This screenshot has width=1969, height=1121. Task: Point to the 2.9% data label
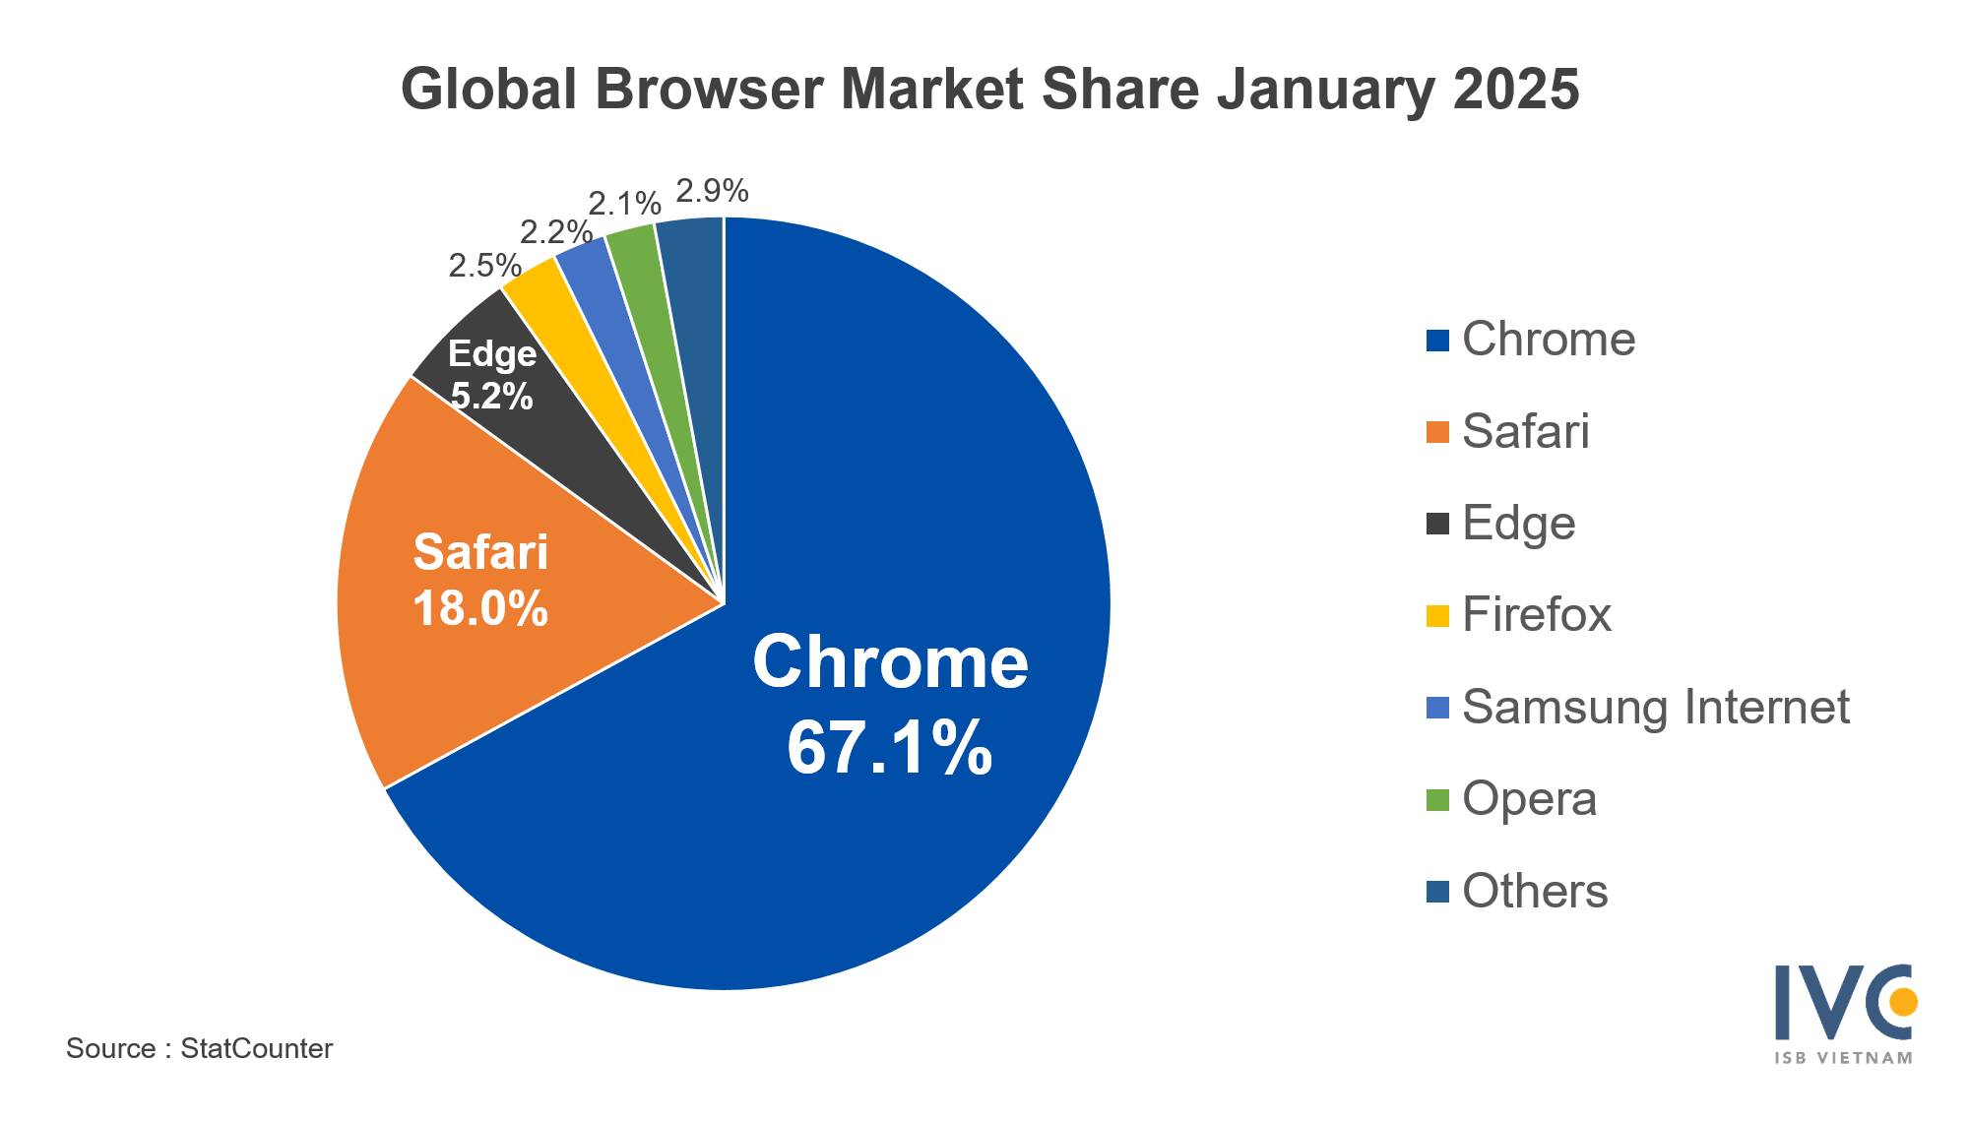click(x=712, y=190)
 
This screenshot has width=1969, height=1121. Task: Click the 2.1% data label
click(x=624, y=204)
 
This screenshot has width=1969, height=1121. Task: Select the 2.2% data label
click(x=555, y=232)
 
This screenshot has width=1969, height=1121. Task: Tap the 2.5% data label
click(x=484, y=265)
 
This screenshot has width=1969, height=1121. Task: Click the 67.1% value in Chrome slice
click(x=889, y=748)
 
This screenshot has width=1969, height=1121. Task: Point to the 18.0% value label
click(x=480, y=608)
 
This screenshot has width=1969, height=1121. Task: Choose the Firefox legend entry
click(x=1536, y=615)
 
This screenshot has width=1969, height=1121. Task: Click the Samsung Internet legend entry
click(x=1655, y=707)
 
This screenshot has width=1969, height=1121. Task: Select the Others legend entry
click(x=1534, y=891)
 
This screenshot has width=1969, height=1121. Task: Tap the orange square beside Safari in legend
click(x=1437, y=432)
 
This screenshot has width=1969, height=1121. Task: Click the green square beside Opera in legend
click(x=1437, y=799)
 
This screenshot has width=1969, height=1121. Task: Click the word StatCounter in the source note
click(x=256, y=1048)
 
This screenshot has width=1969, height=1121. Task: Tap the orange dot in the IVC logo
click(x=1903, y=1002)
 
